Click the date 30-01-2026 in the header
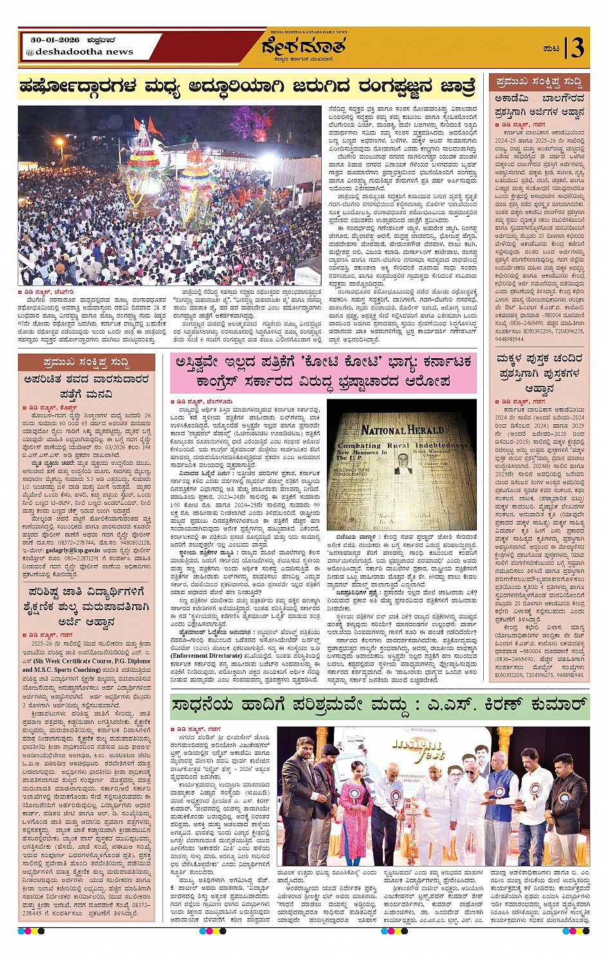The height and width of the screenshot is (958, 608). pyautogui.click(x=53, y=39)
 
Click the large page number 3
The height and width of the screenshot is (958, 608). pyautogui.click(x=577, y=48)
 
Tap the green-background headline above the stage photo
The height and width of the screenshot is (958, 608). pyautogui.click(x=379, y=706)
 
